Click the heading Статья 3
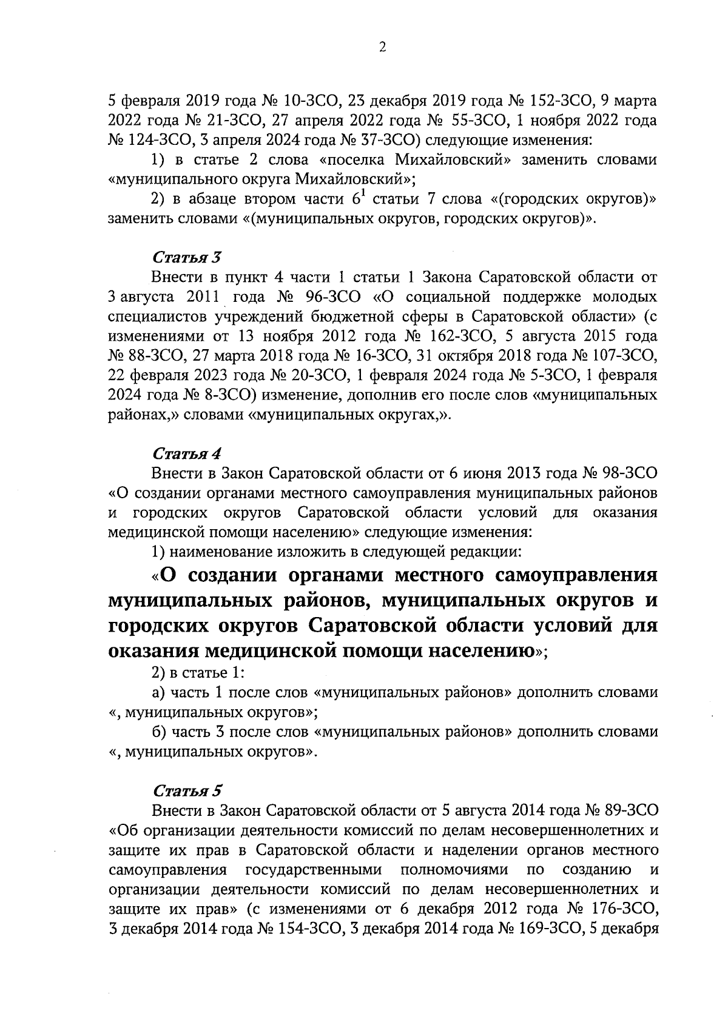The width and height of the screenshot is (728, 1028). [x=186, y=258]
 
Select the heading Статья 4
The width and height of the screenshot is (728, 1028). [x=187, y=453]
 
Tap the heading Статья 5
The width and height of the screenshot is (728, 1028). [x=187, y=791]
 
